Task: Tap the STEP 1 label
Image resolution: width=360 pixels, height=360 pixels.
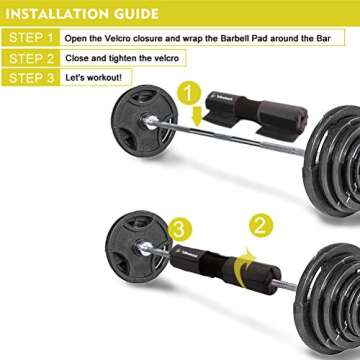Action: pyautogui.click(x=29, y=38)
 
